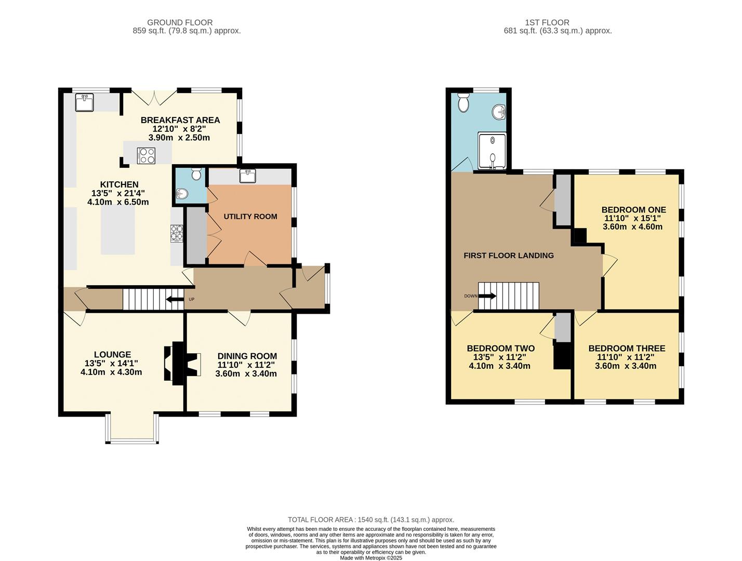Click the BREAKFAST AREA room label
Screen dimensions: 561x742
[x=180, y=120]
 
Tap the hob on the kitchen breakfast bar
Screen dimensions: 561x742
[x=146, y=155]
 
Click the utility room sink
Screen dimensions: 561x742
[x=247, y=176]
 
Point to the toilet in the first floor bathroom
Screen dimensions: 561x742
[x=463, y=103]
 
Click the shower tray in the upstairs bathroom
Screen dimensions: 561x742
[x=492, y=151]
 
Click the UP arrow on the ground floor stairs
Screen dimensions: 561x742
[x=174, y=299]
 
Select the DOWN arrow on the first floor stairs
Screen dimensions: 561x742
[x=487, y=296]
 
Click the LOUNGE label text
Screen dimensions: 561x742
[x=112, y=355]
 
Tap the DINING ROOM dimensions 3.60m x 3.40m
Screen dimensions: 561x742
[x=246, y=373]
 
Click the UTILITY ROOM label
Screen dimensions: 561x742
[x=250, y=217]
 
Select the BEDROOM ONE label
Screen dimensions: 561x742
[x=633, y=210]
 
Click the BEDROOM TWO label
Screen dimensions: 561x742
[x=500, y=349]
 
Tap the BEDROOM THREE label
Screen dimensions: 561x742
[x=626, y=349]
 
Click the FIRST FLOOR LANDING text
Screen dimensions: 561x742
[x=508, y=256]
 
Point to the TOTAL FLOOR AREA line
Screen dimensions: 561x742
[x=371, y=519]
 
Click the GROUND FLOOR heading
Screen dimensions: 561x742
[x=180, y=22]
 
